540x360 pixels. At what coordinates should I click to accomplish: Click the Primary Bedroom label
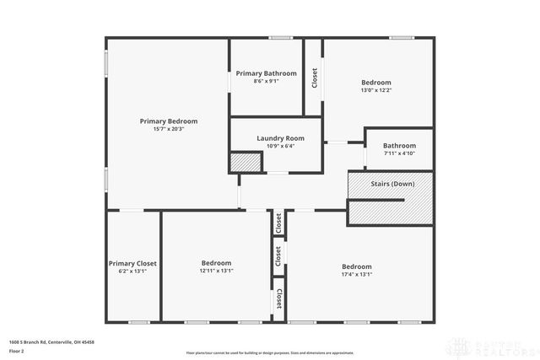[x=168, y=121]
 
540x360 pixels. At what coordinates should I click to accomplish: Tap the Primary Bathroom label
[x=266, y=73]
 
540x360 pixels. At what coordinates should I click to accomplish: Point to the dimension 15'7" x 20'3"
[x=168, y=130]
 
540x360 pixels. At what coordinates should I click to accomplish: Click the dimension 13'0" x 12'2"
[x=376, y=90]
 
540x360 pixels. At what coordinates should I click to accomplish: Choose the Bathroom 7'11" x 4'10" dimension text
[x=399, y=153]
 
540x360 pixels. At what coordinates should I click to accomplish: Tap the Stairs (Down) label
[x=392, y=184]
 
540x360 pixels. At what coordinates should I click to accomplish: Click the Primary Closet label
[x=132, y=263]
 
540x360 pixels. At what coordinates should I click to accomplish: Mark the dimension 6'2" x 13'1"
[x=132, y=271]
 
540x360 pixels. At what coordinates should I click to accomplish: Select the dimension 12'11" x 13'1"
[x=216, y=271]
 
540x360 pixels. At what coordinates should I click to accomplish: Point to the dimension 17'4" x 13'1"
[x=357, y=274]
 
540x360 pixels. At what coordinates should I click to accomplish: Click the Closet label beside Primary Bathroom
[x=315, y=78]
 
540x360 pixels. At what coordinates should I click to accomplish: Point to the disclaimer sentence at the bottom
[x=270, y=352]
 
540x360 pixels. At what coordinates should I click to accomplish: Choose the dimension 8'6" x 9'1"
[x=266, y=81]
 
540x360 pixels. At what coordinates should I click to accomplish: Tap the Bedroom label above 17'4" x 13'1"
[x=357, y=266]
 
